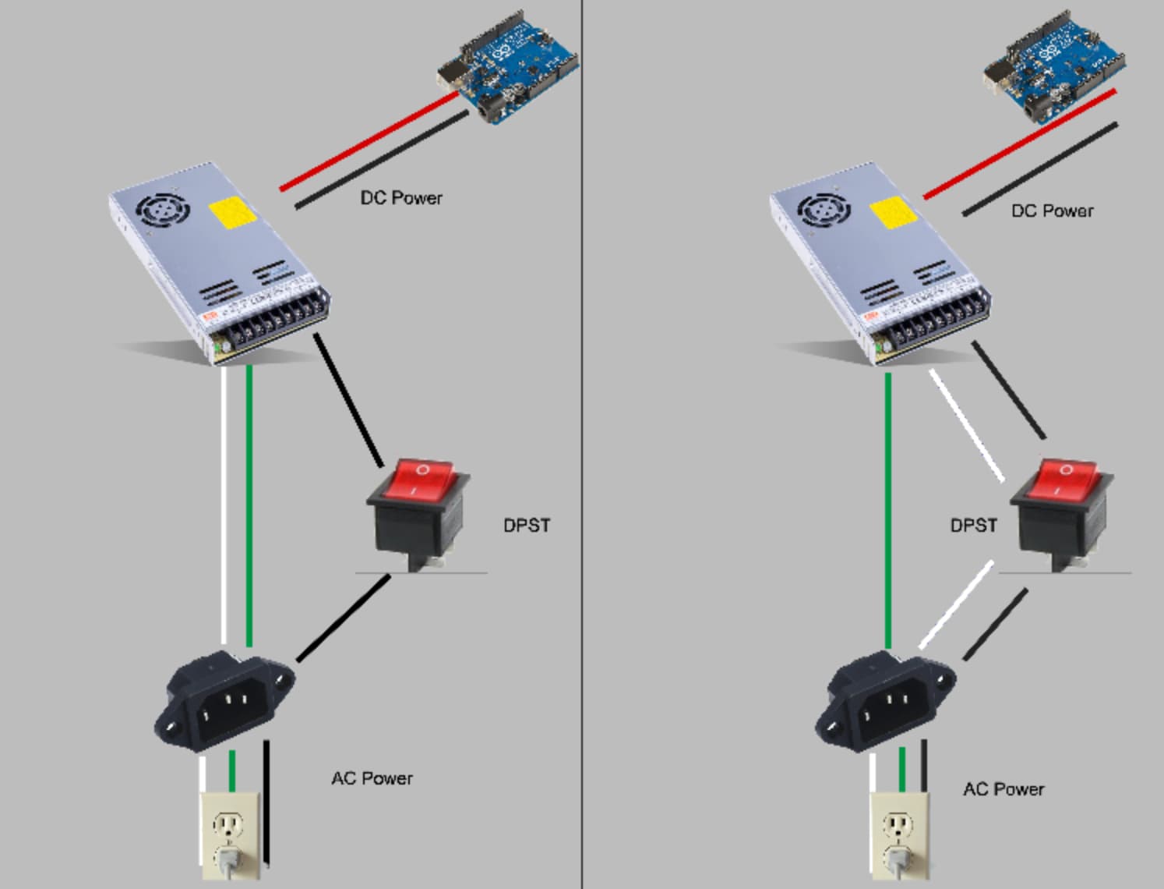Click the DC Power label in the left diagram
401,198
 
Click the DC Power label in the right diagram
1052,211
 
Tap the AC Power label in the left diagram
372,778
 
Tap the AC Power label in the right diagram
1004,789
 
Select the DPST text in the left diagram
527,526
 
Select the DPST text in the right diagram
973,526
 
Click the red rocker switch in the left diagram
418,515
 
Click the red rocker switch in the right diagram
1062,515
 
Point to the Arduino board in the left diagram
508,66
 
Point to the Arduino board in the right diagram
1054,66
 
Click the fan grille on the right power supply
824,211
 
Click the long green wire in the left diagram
249,506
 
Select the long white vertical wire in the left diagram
224,505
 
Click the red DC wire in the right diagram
1020,144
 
